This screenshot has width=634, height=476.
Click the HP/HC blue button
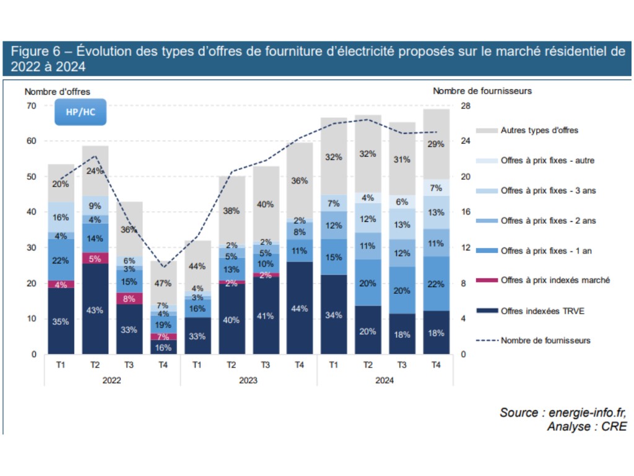pos(80,112)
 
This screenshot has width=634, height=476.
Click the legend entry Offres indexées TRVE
pos(542,311)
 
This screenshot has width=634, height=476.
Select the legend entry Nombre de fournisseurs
pos(545,340)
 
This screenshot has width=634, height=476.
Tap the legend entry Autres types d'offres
pos(539,130)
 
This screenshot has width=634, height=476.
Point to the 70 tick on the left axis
pos(32,106)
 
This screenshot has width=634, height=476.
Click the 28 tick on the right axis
pos(465,106)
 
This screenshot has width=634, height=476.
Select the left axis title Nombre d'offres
pos(57,91)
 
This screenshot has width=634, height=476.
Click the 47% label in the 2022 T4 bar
pos(163,283)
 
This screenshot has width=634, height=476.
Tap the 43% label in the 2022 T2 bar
pos(95,310)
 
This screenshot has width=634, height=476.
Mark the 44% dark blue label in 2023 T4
pos(300,309)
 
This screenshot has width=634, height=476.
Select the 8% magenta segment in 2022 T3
pos(129,298)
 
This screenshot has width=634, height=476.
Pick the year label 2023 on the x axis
pos(248,381)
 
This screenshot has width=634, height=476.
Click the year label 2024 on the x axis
pos(384,381)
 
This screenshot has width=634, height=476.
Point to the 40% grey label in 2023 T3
pos(266,204)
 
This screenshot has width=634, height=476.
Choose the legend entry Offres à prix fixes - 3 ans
pos(548,190)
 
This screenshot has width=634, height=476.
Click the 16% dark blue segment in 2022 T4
pos(163,347)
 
